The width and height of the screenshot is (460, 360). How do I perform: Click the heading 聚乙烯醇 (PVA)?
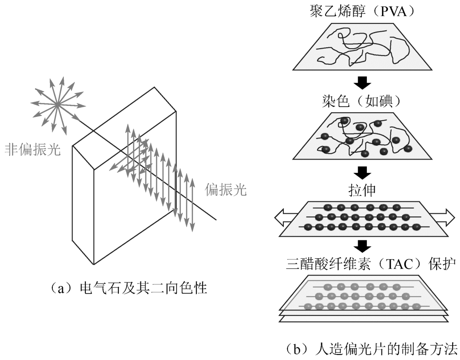pyautogui.click(x=363, y=11)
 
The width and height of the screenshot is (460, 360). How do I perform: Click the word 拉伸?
pyautogui.click(x=362, y=189)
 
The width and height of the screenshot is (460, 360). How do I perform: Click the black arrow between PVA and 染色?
pyautogui.click(x=363, y=83)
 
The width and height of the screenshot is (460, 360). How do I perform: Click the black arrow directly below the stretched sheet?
pyautogui.click(x=363, y=245)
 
